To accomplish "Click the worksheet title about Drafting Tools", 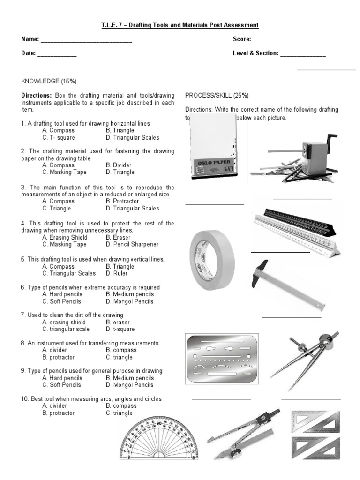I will (180, 25).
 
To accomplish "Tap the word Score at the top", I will (242, 39).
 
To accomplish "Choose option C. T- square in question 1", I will (58, 138).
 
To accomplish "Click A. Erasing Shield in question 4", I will (64, 237).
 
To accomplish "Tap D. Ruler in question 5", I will (117, 273).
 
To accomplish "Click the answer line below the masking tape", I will (209, 308).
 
